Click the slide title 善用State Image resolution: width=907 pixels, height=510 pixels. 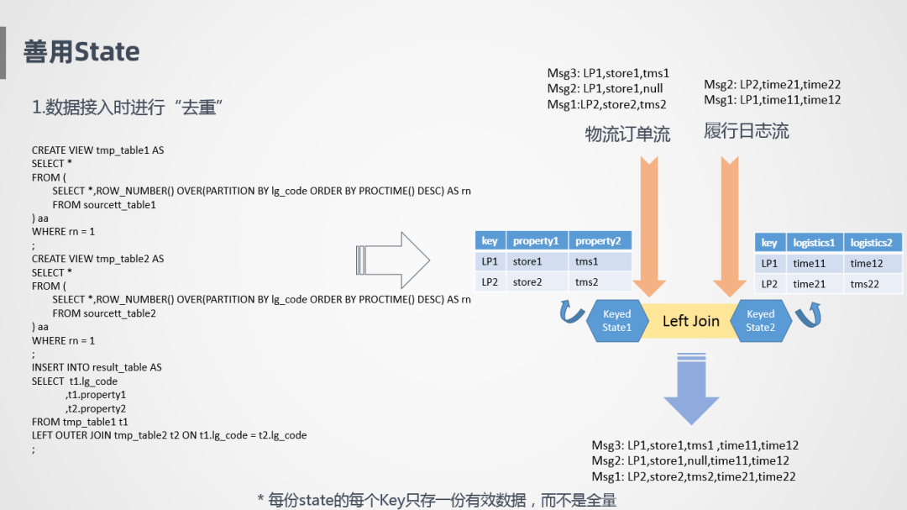tap(81, 52)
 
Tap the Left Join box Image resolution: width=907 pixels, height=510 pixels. tap(690, 321)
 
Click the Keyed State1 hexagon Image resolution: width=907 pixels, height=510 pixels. tap(616, 321)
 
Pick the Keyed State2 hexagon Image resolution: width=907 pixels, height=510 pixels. tap(760, 321)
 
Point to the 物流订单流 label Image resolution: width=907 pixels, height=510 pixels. tap(627, 134)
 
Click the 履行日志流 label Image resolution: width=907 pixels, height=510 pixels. tap(746, 131)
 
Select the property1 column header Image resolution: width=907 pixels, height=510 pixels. tap(536, 241)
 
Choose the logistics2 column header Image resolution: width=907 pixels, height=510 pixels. tap(871, 243)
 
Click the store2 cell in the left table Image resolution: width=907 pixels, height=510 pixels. tap(527, 282)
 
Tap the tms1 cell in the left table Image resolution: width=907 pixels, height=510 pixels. tap(587, 262)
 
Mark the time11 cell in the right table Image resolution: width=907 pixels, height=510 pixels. tap(809, 264)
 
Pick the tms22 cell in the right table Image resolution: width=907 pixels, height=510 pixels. tap(864, 284)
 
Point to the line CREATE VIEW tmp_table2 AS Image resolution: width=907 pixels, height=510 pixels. tap(97, 259)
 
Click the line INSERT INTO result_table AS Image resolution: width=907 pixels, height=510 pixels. tap(97, 367)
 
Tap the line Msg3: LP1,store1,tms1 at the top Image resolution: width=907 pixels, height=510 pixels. tap(608, 74)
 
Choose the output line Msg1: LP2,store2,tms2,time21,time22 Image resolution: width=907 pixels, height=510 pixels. tap(694, 476)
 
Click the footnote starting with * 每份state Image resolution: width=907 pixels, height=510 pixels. tap(437, 500)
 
